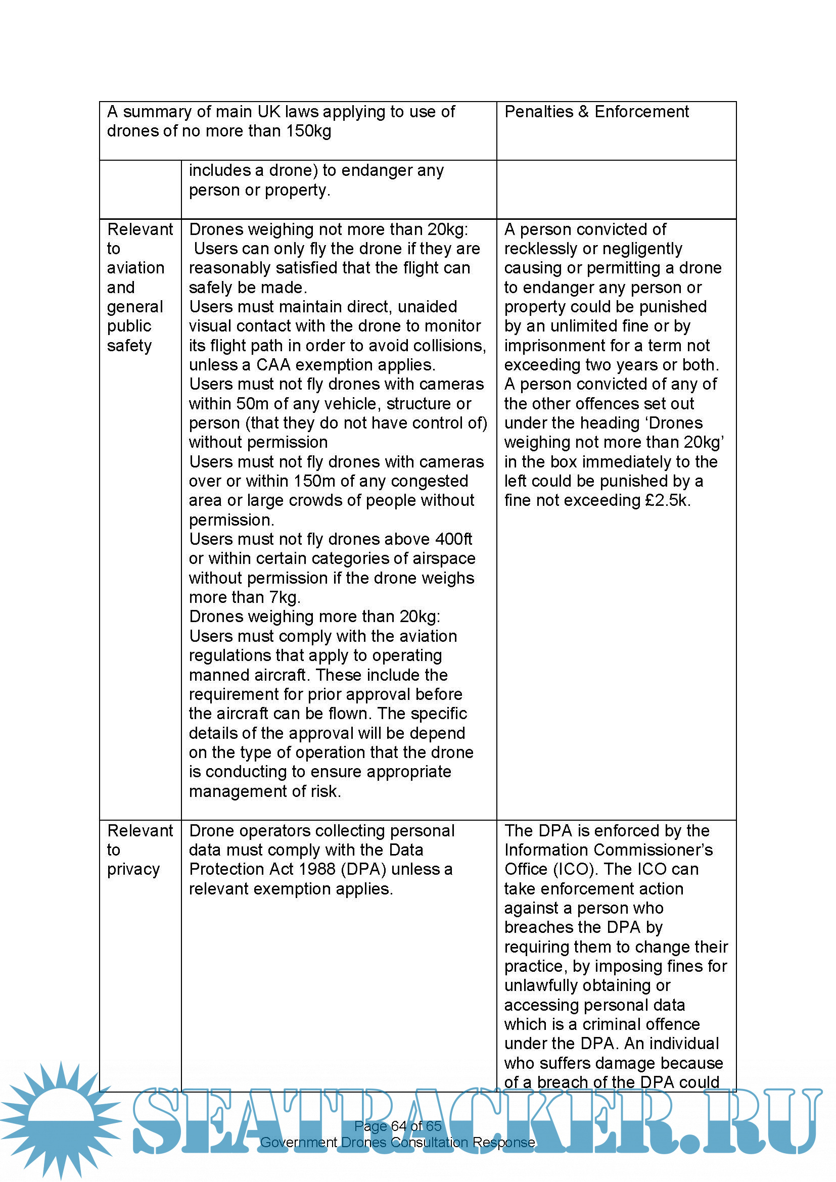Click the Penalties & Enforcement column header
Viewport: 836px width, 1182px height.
point(596,112)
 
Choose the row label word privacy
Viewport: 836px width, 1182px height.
point(133,870)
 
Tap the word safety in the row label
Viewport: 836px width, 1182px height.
point(129,346)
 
